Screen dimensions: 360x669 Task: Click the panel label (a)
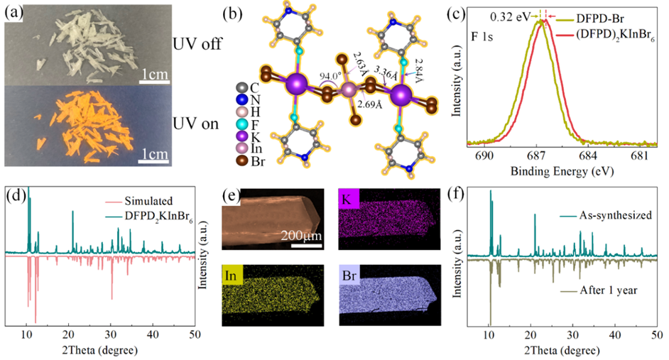14,13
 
